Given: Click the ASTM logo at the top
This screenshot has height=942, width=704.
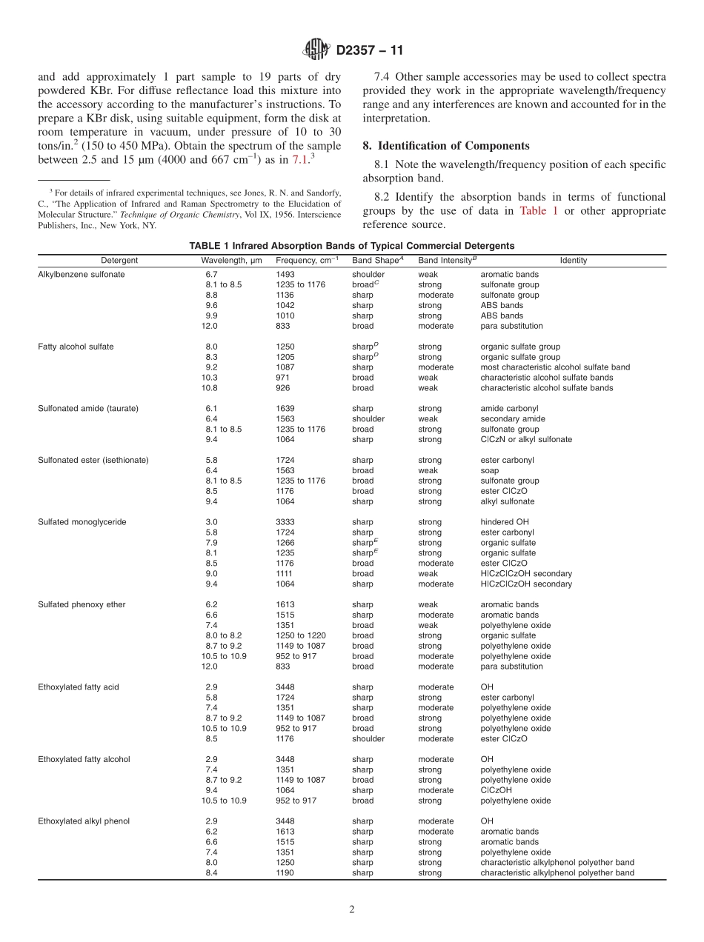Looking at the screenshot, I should coord(317,50).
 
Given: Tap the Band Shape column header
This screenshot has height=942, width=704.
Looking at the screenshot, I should coord(377,261).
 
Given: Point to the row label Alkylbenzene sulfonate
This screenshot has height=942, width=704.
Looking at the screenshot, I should coord(82,274).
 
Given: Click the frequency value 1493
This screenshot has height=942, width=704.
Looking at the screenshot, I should coord(285,274).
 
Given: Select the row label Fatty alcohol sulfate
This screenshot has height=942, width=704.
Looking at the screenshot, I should coord(76,347).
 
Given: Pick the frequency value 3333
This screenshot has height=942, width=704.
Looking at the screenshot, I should coord(285,522).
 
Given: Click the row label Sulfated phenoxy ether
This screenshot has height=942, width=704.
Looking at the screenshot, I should coord(82,605).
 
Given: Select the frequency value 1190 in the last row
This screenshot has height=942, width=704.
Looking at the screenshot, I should coord(285,873).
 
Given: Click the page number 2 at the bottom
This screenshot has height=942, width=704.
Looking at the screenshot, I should coord(352,910).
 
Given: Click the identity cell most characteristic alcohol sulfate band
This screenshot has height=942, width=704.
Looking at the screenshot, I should coord(555,367).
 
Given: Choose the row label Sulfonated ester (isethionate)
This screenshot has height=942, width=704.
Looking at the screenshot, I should coord(93,461).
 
